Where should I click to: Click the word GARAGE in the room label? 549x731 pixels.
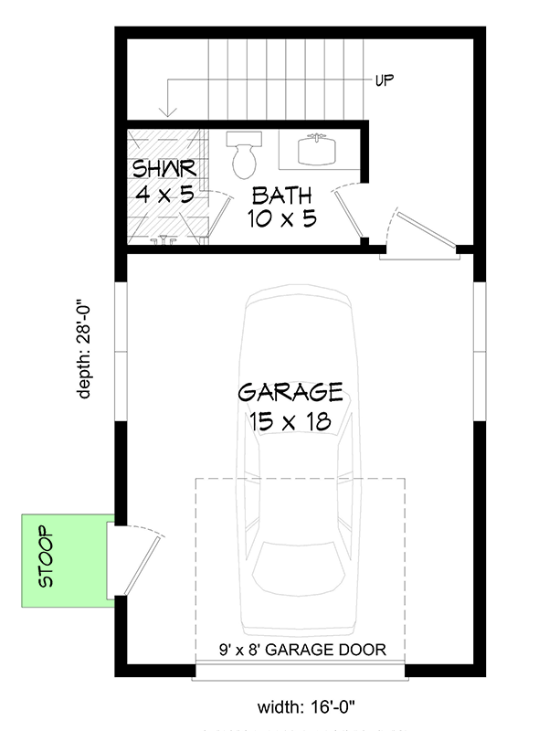[290, 393]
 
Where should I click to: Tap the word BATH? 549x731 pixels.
[281, 195]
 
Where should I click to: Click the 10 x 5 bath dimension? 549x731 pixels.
[281, 219]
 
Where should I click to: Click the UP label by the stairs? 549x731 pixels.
[385, 81]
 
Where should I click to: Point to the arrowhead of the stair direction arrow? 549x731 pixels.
[167, 113]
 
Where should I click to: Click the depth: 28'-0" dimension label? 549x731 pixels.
[84, 348]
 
